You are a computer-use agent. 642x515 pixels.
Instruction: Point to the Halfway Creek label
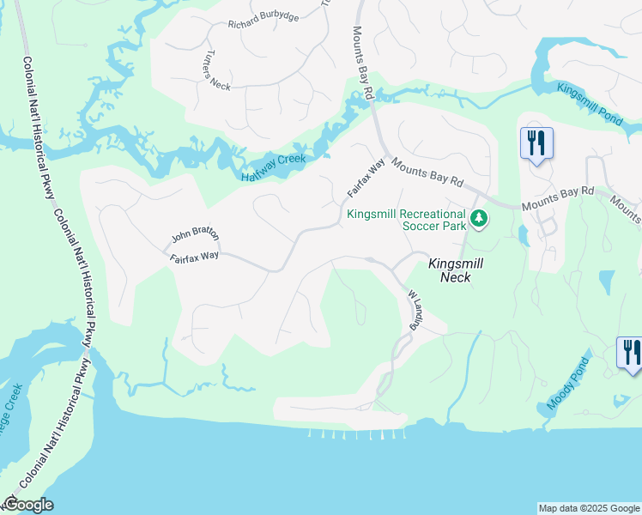tap(273, 168)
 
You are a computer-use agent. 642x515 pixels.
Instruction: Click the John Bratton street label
tap(195, 233)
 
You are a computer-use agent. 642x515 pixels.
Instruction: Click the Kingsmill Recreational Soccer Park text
tap(406, 220)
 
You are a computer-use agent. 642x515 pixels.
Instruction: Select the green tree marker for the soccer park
tap(480, 221)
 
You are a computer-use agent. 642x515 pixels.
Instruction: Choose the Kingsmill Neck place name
tap(450, 270)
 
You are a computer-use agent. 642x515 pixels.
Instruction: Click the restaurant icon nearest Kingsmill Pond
tap(537, 143)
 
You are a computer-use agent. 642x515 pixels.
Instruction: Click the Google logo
tap(28, 505)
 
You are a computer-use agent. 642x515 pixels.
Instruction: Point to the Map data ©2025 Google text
tap(589, 508)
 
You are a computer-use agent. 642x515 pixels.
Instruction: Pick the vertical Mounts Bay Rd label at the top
tap(363, 60)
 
